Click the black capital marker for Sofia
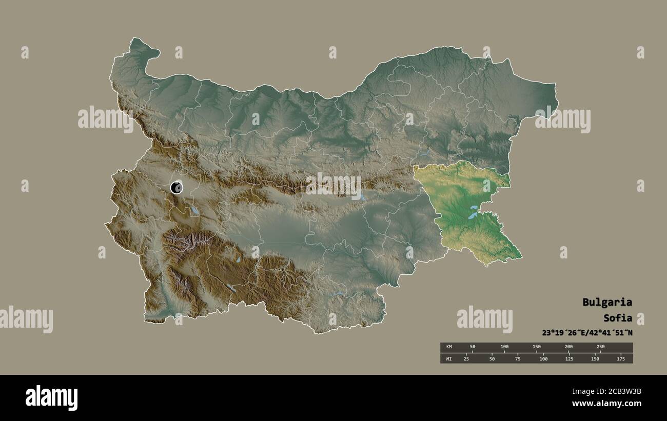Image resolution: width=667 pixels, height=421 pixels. (176, 188)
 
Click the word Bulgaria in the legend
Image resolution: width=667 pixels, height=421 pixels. (607, 302)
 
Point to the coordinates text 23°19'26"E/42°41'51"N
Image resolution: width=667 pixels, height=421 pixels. (587, 332)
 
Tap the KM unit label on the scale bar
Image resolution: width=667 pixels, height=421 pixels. (449, 347)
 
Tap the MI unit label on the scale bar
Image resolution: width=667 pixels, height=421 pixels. (449, 358)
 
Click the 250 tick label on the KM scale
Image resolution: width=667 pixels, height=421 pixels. (600, 347)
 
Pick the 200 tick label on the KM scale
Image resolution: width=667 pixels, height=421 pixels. (568, 347)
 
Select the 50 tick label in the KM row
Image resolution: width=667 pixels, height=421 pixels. (473, 347)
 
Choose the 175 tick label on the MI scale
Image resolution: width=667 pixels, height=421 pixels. (620, 358)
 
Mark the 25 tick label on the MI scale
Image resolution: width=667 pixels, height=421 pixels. (466, 358)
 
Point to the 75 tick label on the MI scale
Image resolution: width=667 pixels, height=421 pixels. (518, 358)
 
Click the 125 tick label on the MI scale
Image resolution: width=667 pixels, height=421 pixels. (569, 358)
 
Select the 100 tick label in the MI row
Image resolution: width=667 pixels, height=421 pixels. (543, 358)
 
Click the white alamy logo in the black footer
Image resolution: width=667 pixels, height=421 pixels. (51, 397)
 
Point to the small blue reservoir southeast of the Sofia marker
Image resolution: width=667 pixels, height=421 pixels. (194, 210)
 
